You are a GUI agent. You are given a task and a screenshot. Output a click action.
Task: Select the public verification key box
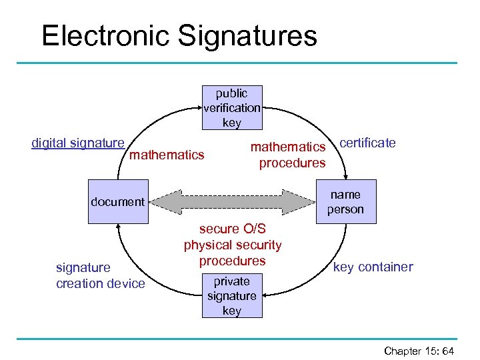click(x=231, y=107)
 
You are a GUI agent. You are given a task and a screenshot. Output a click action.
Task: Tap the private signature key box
click(x=231, y=296)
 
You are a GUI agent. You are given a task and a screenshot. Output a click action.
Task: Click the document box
click(x=117, y=201)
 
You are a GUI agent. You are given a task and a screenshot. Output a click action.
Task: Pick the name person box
click(x=345, y=201)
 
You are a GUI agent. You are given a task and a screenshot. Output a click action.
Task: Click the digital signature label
click(x=78, y=143)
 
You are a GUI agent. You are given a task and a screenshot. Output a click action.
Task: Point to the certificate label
click(x=367, y=143)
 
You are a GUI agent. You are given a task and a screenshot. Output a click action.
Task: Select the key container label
click(x=373, y=267)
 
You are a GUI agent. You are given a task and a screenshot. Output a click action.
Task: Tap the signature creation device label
click(x=100, y=275)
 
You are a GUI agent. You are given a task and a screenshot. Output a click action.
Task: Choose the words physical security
click(x=233, y=245)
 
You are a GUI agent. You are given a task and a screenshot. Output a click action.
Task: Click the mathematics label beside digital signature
click(x=167, y=155)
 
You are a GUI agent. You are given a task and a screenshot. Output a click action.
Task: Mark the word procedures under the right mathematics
click(x=292, y=163)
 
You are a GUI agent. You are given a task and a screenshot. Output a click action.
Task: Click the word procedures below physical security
click(x=233, y=261)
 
